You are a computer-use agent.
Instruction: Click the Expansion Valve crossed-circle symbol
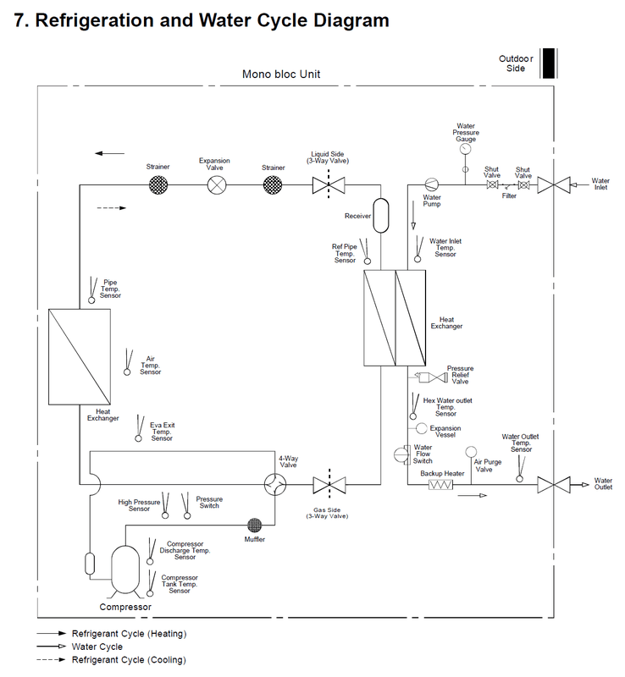(217, 185)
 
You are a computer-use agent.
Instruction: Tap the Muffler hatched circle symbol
(255, 526)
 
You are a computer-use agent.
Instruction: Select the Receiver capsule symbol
(381, 216)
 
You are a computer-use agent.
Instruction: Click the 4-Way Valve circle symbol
(275, 484)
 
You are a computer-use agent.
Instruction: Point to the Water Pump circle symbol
(431, 184)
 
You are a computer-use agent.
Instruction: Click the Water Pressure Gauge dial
(466, 149)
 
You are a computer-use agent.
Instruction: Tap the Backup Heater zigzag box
(441, 484)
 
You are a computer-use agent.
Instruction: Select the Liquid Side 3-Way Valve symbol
(329, 185)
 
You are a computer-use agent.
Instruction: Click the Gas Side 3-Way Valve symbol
(329, 484)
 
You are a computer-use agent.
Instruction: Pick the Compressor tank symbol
(125, 570)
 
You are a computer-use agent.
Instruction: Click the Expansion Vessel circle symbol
(422, 428)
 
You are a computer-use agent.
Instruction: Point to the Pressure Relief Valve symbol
(431, 377)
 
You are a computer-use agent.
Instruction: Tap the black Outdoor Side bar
(549, 63)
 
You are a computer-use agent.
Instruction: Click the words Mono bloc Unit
(281, 74)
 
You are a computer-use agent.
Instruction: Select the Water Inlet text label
(600, 184)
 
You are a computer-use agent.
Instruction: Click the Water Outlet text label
(603, 483)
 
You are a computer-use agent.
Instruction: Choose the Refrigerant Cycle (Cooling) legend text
(129, 660)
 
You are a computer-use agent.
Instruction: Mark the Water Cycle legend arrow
(52, 647)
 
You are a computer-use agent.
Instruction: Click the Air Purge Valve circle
(471, 452)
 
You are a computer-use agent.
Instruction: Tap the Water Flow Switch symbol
(402, 454)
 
